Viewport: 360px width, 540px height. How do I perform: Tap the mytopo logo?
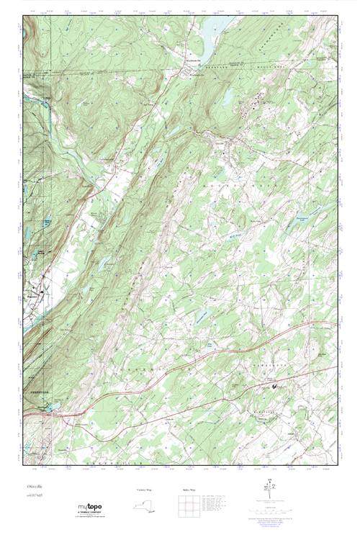[x=91, y=509]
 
